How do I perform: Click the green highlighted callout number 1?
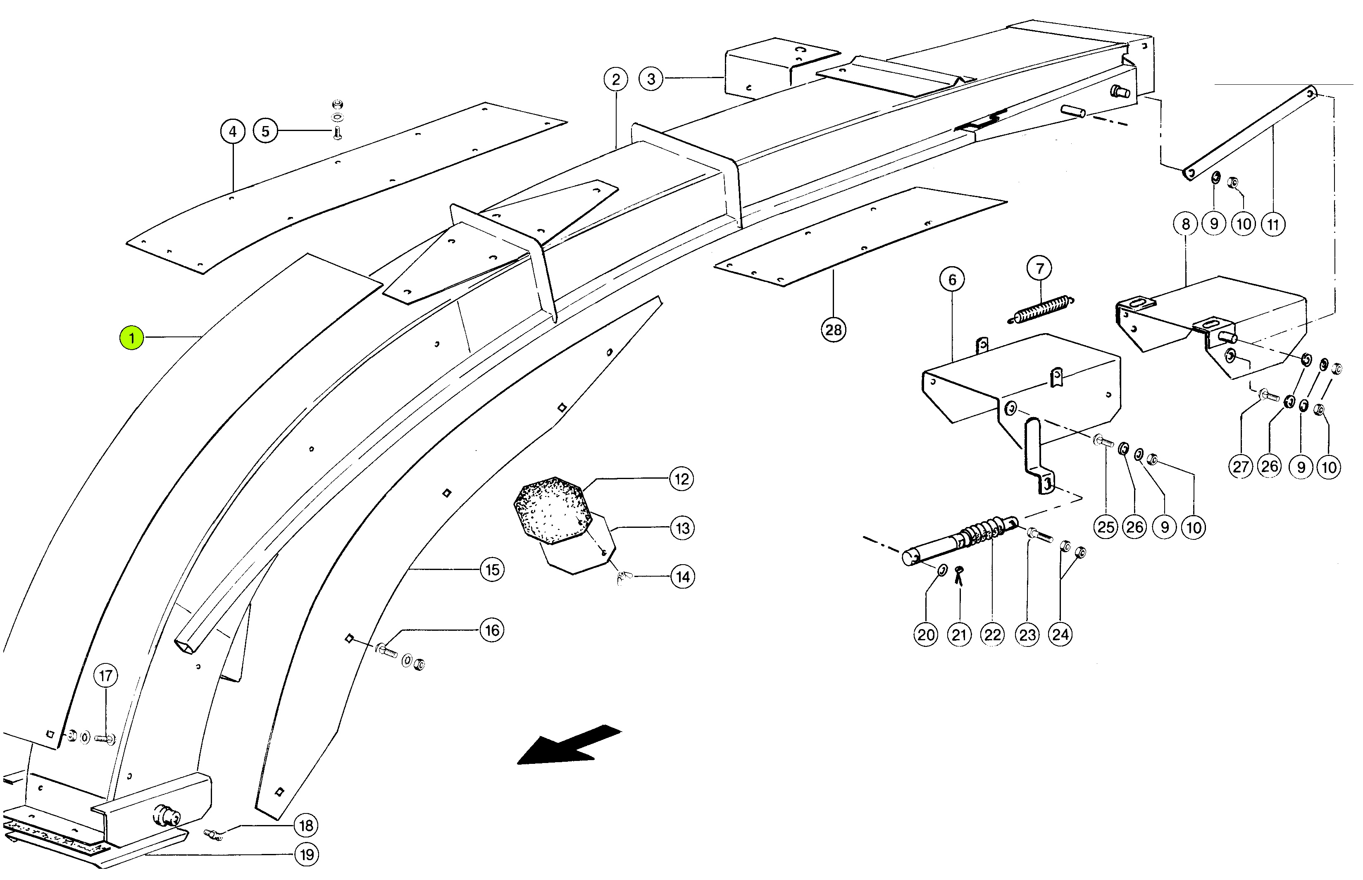pos(131,338)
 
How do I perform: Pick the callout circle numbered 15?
pos(492,570)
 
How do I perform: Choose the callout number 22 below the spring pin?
pos(992,635)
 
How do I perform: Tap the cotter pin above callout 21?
pos(959,574)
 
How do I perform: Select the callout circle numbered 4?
pos(233,132)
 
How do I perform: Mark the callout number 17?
pos(106,676)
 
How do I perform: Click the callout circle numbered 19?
pos(307,855)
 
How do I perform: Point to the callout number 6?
pos(952,279)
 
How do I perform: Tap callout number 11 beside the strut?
pos(1273,224)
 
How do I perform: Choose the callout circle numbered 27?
pos(1240,467)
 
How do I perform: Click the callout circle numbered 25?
pos(1106,527)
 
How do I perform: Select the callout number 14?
pos(683,577)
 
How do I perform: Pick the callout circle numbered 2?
pos(615,79)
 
